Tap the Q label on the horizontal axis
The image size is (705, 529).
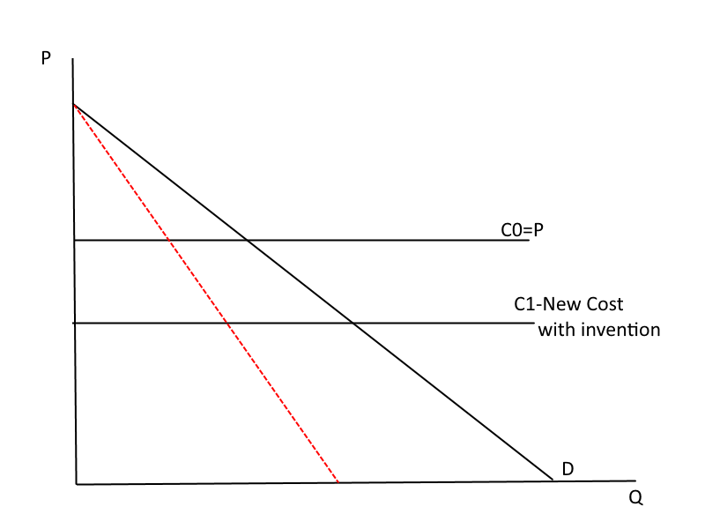click(x=635, y=497)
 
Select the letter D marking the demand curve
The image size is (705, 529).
click(x=568, y=469)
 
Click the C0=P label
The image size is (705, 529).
click(x=523, y=230)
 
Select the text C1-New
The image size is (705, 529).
click(x=545, y=304)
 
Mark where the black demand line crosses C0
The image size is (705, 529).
click(x=247, y=240)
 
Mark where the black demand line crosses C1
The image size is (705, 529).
click(x=353, y=324)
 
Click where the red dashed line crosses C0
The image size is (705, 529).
click(x=167, y=240)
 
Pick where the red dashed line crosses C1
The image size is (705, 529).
click(x=227, y=324)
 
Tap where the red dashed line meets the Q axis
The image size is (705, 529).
click(x=338, y=482)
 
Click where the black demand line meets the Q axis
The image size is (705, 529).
click(x=553, y=481)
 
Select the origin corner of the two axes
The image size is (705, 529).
click(x=77, y=483)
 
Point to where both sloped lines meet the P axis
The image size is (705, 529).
click(x=73, y=105)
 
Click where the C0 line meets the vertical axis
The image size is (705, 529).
click(x=74, y=240)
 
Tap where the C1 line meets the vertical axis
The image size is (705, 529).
click(x=75, y=324)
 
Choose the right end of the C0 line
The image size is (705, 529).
click(x=529, y=240)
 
